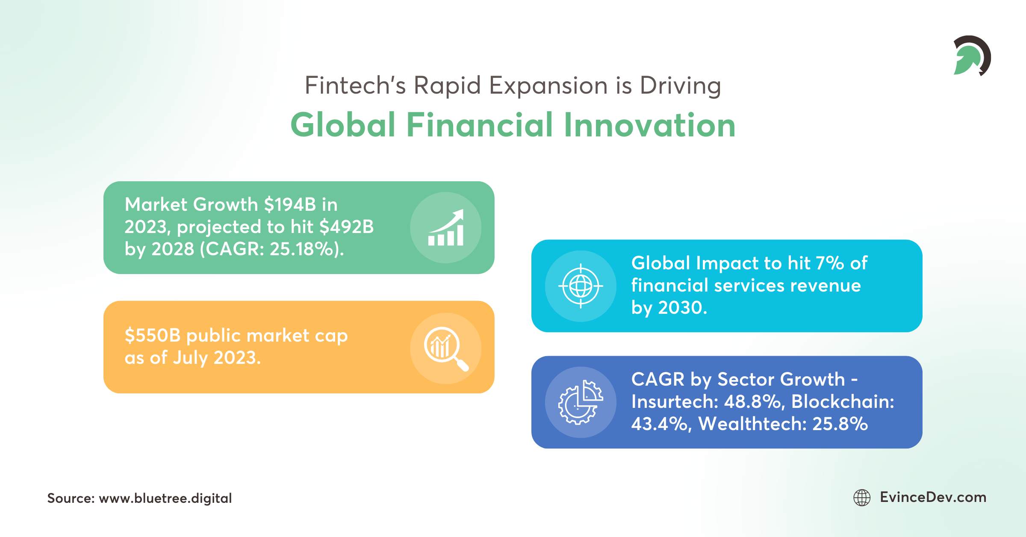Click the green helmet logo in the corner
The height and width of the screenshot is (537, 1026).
[971, 56]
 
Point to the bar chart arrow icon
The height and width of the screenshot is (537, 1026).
[446, 227]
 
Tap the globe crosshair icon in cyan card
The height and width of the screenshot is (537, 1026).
[581, 286]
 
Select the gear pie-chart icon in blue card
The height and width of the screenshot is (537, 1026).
[581, 402]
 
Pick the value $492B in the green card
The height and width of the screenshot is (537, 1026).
[347, 227]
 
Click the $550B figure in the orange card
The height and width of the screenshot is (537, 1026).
[153, 336]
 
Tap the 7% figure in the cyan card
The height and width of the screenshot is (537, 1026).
[829, 263]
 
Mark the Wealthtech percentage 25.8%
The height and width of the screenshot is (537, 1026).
[840, 424]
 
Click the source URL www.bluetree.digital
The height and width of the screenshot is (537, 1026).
[165, 498]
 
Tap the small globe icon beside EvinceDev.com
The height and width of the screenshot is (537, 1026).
[862, 498]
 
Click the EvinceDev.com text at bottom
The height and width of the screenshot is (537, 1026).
[933, 497]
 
